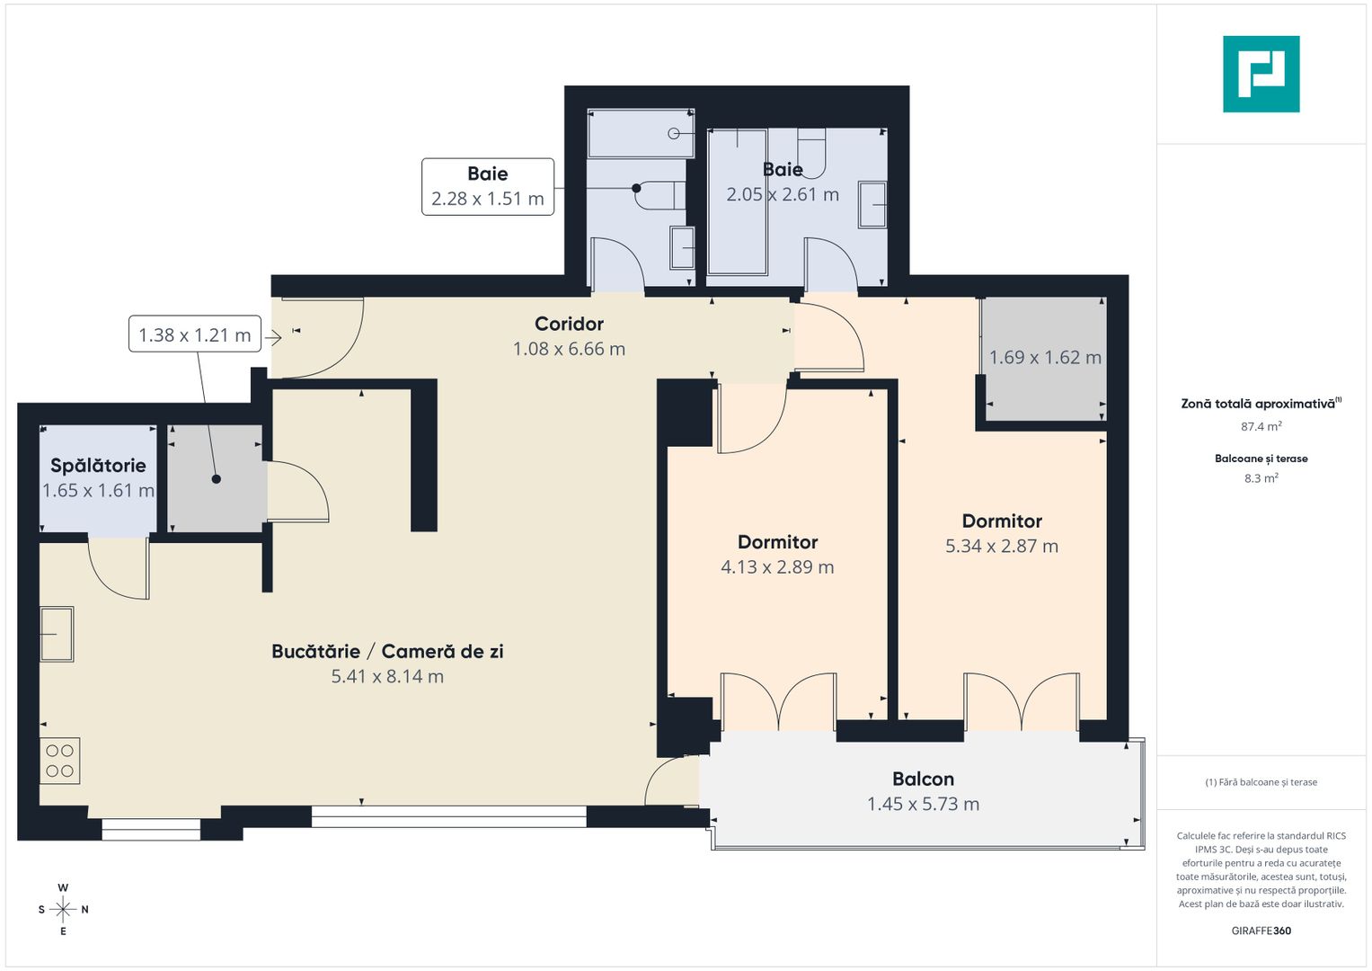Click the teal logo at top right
click(x=1261, y=74)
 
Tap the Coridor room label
click(x=569, y=324)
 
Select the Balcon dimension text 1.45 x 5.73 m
click(x=923, y=804)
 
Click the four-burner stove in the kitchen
click(x=60, y=761)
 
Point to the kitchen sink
click(x=57, y=634)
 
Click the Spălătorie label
click(x=98, y=466)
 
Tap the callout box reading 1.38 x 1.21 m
click(x=195, y=334)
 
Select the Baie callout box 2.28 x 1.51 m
click(x=488, y=187)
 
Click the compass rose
click(x=63, y=909)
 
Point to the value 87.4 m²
click(x=1261, y=426)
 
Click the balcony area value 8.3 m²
click(x=1261, y=478)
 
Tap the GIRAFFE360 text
click(x=1261, y=931)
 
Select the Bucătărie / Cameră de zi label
click(x=387, y=651)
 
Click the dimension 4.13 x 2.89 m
click(x=777, y=567)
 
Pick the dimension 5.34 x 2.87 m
click(x=1001, y=546)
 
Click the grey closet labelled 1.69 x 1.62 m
click(x=1044, y=358)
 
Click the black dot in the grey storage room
click(x=217, y=479)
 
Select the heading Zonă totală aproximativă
click(x=1259, y=404)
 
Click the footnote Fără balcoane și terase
click(x=1261, y=782)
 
